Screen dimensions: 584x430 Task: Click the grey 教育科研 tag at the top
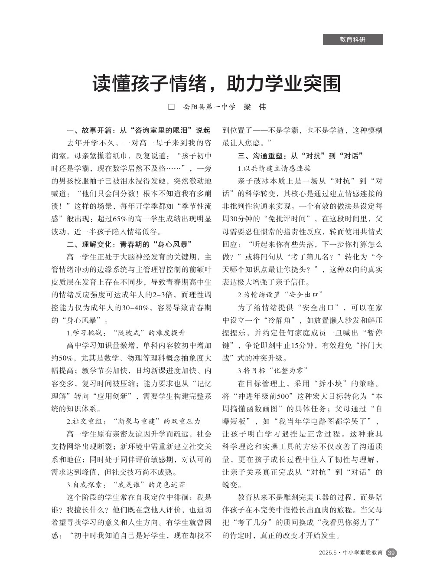(352, 39)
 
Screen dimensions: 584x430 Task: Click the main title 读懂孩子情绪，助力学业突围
(216, 84)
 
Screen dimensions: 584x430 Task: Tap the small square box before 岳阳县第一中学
(171, 107)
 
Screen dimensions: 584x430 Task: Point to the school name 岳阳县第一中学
(209, 107)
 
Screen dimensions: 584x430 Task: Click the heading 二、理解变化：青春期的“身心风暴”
(129, 244)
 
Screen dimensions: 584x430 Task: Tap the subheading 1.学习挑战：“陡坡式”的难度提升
(126, 333)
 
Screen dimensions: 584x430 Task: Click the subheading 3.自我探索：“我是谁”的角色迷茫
(126, 484)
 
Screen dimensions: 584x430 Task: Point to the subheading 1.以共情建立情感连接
(274, 168)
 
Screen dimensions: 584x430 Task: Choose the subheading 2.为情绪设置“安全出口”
(280, 295)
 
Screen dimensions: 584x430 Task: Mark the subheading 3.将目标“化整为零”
(273, 371)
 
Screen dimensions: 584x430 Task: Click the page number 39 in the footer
(391, 553)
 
